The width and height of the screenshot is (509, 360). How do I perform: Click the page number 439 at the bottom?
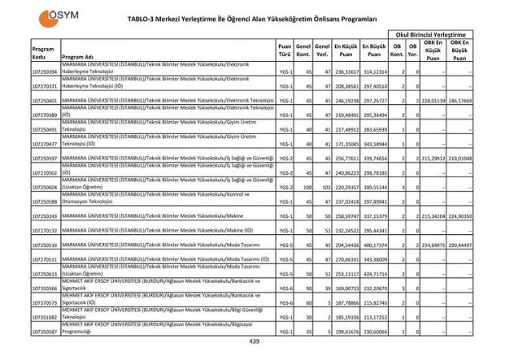tap(255, 342)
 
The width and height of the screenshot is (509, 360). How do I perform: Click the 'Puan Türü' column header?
tap(284, 51)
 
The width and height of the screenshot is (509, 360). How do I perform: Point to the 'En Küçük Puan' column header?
tap(345, 49)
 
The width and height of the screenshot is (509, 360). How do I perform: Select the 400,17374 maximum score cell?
tap(373, 245)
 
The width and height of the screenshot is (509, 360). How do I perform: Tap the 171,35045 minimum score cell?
tap(345, 144)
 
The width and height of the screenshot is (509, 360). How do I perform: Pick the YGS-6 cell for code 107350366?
tap(285, 288)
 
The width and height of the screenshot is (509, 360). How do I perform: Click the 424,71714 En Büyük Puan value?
tap(373, 273)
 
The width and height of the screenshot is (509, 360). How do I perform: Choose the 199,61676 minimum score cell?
tap(345, 331)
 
